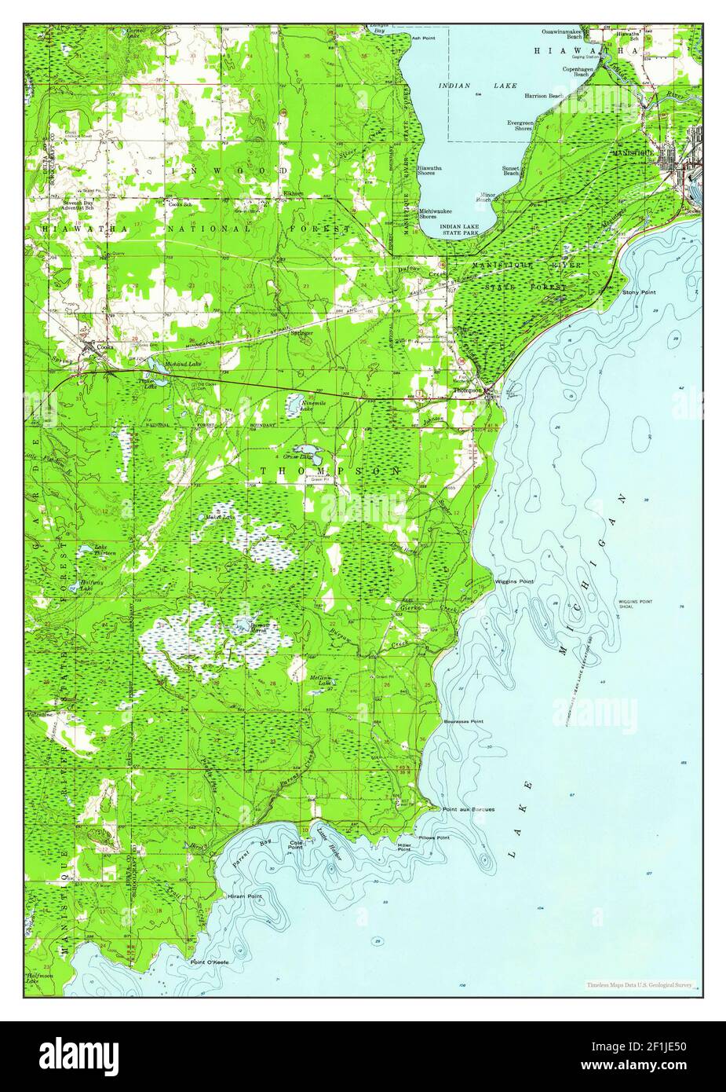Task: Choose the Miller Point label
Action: click(x=404, y=847)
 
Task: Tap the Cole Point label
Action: click(x=296, y=845)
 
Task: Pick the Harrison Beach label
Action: click(x=544, y=96)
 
